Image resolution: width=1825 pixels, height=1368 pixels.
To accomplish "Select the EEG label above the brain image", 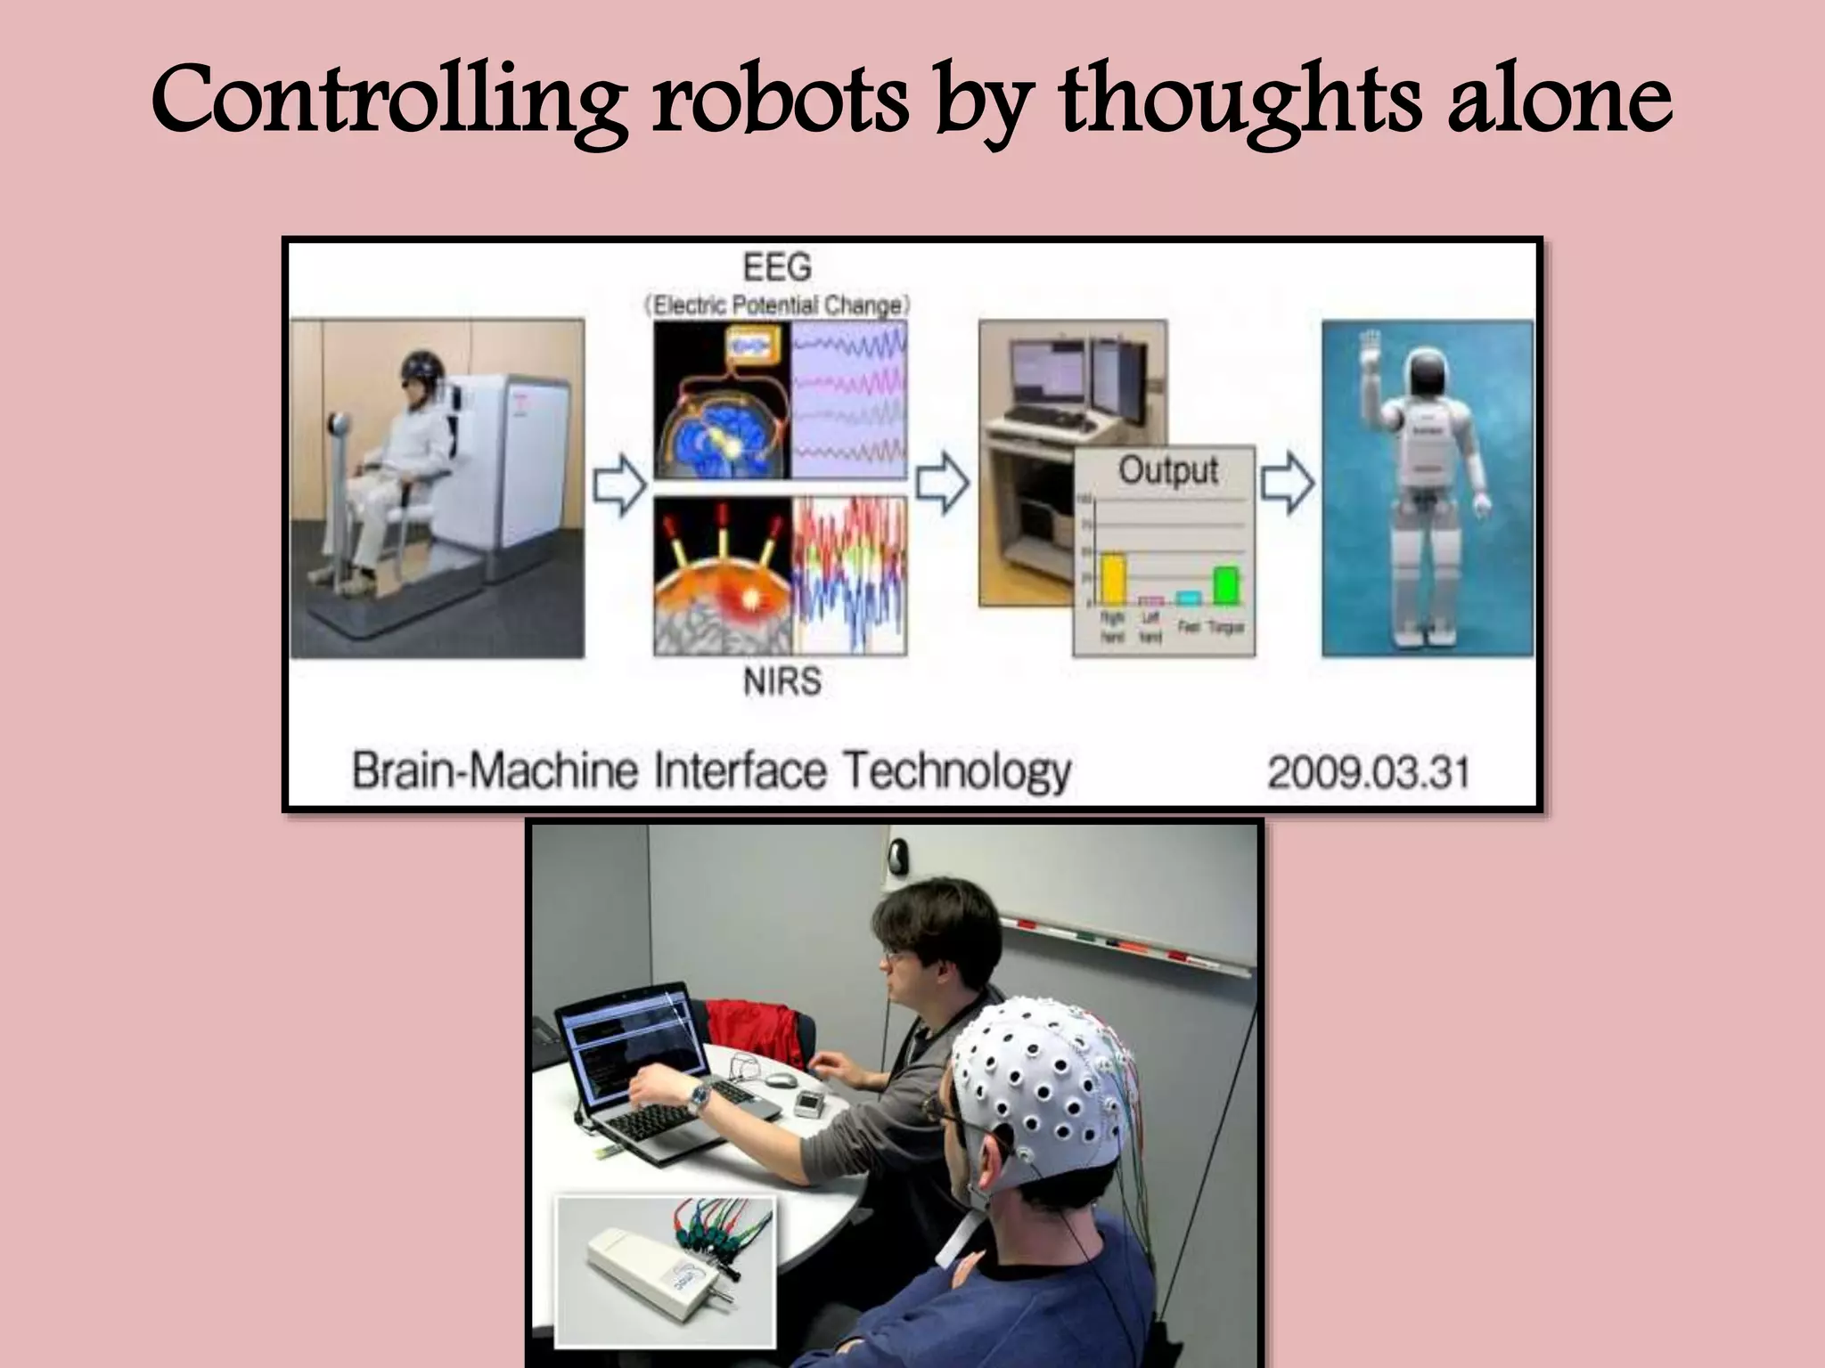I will tap(777, 267).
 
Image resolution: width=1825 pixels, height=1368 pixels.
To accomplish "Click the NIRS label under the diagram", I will tap(782, 682).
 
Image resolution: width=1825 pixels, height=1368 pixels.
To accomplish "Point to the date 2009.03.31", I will tap(1368, 771).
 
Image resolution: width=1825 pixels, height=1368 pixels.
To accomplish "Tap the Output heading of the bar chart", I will tap(1168, 470).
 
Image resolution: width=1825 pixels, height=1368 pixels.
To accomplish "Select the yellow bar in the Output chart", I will tap(1112, 578).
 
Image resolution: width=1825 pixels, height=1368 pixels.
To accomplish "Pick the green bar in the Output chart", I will tap(1226, 584).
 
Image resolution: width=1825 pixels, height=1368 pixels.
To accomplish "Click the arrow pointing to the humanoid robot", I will tap(1288, 484).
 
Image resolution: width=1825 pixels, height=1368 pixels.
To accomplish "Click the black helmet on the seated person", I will tap(420, 365).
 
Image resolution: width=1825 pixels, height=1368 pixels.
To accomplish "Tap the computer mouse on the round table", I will tap(781, 1080).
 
